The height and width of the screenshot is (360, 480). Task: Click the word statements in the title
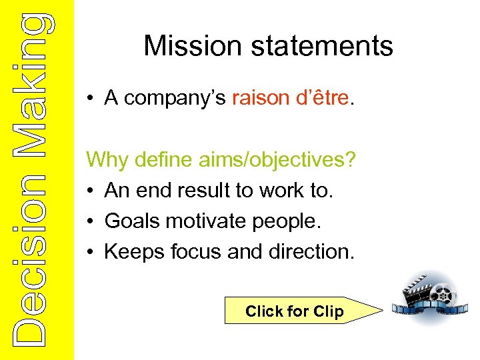coord(318,46)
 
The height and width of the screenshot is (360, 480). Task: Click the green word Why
coord(107,161)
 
